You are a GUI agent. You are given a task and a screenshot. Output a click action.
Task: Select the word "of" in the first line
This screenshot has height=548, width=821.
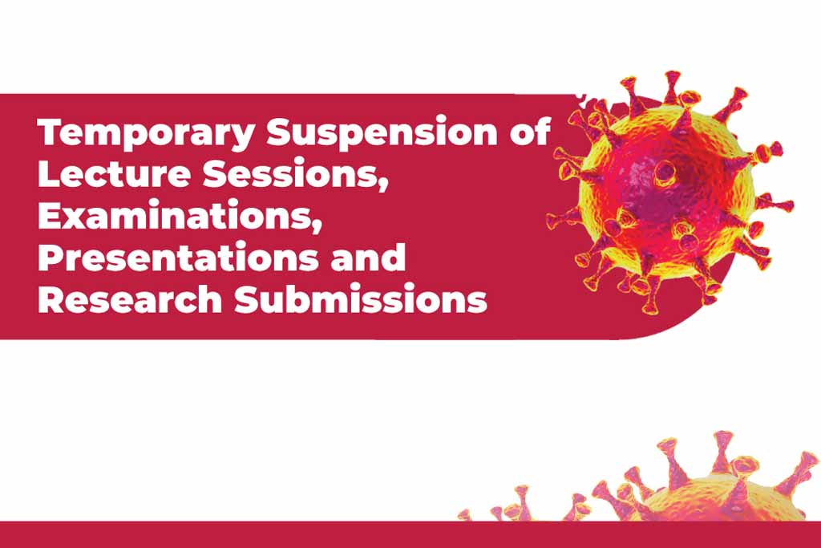tap(530, 131)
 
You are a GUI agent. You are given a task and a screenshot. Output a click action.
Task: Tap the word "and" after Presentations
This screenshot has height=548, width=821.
tap(368, 257)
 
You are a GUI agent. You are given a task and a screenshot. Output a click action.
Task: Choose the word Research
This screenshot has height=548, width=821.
tap(130, 298)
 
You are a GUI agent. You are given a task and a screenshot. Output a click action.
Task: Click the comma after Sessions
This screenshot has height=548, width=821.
tap(383, 184)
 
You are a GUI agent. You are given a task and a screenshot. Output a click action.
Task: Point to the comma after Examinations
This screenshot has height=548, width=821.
tap(316, 225)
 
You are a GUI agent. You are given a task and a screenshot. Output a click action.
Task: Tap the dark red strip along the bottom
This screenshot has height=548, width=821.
tap(410, 534)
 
